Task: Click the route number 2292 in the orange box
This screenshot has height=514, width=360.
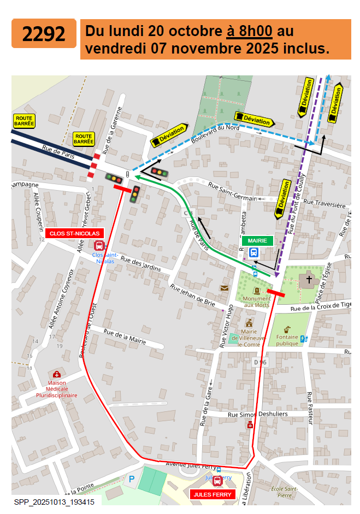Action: (44, 34)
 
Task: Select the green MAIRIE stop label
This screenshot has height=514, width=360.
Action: (257, 240)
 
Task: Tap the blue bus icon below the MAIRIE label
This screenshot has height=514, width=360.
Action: (254, 252)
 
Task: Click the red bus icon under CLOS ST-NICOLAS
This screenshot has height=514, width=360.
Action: (99, 246)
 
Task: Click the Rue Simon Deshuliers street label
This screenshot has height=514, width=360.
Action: (257, 415)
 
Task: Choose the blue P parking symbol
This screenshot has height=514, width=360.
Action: (131, 479)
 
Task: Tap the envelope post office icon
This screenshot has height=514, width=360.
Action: (224, 288)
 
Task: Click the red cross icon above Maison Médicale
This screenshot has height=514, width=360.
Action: (56, 374)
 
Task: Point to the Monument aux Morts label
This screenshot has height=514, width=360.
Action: (257, 302)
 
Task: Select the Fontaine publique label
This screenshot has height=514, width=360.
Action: (287, 340)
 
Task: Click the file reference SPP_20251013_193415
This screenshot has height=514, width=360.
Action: (54, 501)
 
